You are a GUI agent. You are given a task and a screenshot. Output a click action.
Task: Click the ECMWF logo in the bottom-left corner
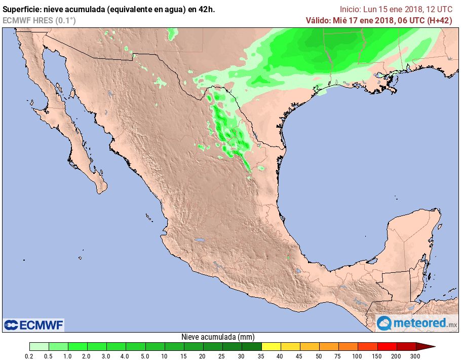coord(33,325)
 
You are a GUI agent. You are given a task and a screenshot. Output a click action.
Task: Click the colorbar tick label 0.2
coord(29,356)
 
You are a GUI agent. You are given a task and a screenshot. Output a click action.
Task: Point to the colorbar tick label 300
coord(415,356)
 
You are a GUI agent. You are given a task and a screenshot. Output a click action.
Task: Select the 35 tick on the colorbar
coord(261,356)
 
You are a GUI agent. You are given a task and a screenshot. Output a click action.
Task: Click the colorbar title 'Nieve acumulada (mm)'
coord(218,337)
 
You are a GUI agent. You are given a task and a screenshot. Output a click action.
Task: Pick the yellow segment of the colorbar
coord(271,347)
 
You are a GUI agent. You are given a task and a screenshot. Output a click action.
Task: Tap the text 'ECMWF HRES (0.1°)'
coord(39,20)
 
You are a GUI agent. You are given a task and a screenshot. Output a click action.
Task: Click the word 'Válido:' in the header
coord(318,20)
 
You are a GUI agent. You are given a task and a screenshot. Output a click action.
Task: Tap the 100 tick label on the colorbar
coord(358,356)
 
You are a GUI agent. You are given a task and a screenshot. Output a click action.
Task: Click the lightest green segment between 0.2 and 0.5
coord(39,347)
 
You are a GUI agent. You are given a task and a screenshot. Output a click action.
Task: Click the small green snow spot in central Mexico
coord(288,258)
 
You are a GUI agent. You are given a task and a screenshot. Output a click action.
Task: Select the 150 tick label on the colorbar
coord(377,356)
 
